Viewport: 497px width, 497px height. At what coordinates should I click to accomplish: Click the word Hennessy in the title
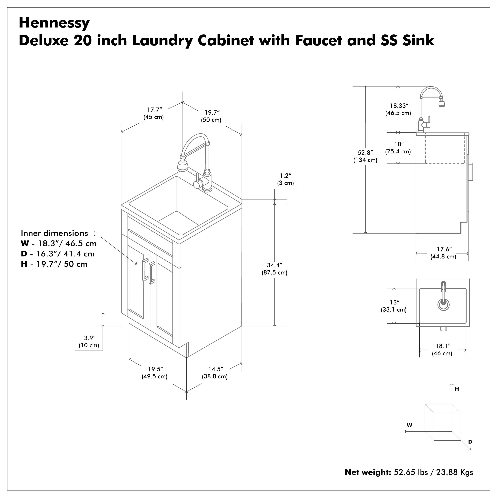pyautogui.click(x=54, y=23)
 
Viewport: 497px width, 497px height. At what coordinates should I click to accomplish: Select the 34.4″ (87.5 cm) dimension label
pyautogui.click(x=275, y=269)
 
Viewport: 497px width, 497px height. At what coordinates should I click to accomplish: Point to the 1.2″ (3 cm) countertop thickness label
pyautogui.click(x=285, y=179)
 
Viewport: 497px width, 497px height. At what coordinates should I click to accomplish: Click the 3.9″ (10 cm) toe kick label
pyautogui.click(x=89, y=342)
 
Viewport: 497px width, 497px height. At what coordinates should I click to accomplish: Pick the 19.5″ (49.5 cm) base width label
pyautogui.click(x=155, y=373)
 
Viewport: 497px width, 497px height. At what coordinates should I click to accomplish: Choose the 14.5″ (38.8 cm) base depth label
pyautogui.click(x=215, y=373)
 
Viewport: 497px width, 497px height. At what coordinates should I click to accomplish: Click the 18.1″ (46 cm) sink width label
pyautogui.click(x=442, y=350)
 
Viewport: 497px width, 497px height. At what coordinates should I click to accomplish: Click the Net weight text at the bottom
pyautogui.click(x=409, y=472)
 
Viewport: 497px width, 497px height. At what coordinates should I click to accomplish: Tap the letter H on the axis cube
pyautogui.click(x=457, y=389)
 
